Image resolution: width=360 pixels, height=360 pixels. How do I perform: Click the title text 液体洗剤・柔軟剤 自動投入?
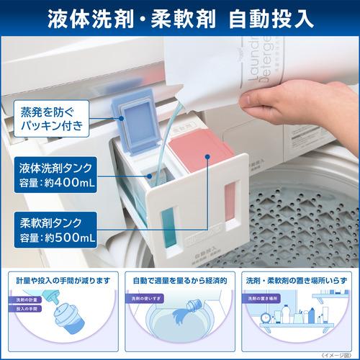(x=180, y=17)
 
